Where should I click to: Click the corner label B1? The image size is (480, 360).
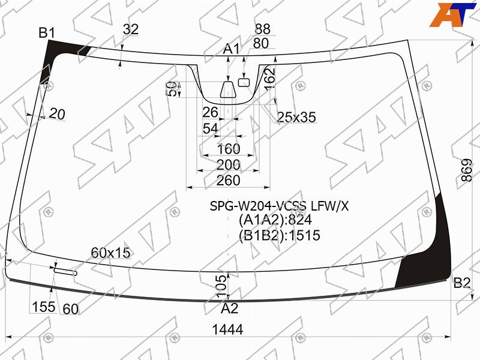click(x=47, y=33)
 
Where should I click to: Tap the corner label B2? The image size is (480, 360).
click(x=461, y=283)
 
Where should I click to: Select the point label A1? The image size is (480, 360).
click(x=231, y=49)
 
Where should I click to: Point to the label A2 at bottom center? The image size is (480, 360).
click(x=230, y=308)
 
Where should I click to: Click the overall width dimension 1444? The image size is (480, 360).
click(x=228, y=329)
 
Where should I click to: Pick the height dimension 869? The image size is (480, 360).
click(x=467, y=170)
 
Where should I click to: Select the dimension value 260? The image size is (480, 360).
click(x=228, y=181)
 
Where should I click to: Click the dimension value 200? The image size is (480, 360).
click(x=228, y=165)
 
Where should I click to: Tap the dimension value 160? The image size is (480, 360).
click(x=229, y=149)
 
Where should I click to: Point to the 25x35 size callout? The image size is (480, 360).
click(x=296, y=117)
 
